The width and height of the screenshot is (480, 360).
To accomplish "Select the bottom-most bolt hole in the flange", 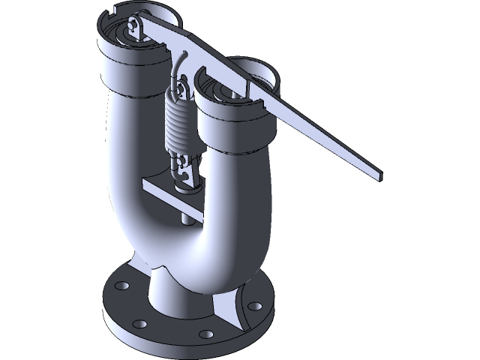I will pos(204,334).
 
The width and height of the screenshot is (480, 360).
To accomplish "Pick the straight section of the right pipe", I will pos(225,172).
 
